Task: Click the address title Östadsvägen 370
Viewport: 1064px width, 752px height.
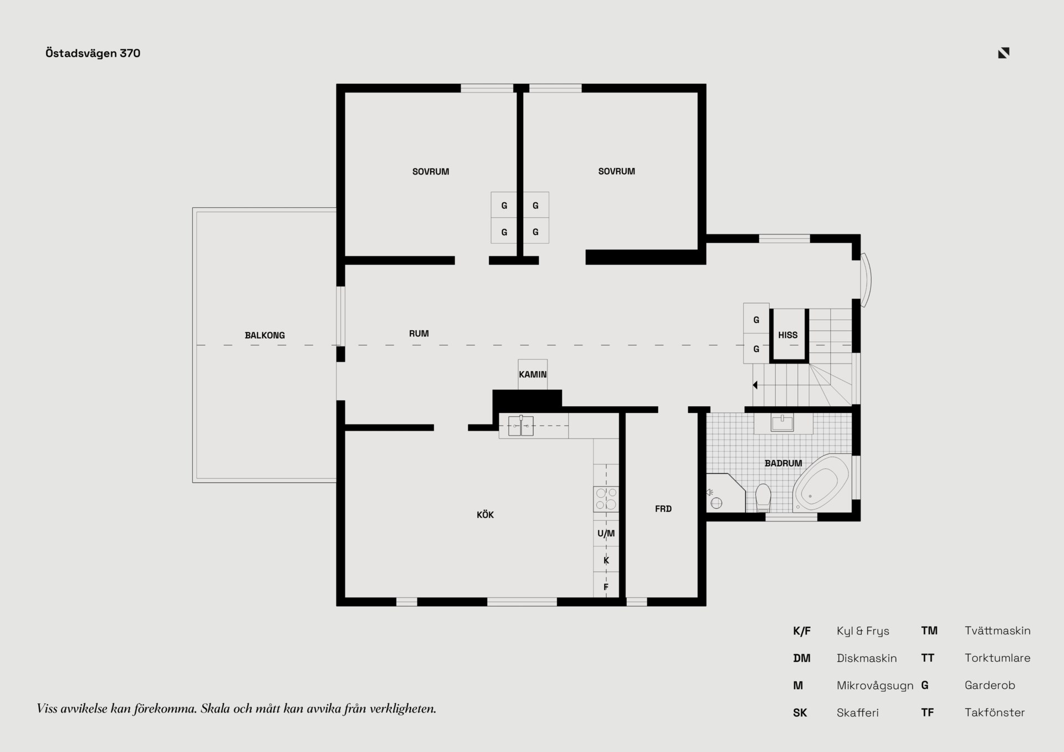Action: (x=93, y=53)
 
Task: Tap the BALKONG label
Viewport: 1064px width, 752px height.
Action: (x=265, y=335)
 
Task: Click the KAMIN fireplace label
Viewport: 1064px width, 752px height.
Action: (x=533, y=375)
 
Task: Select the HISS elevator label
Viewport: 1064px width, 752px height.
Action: (x=787, y=335)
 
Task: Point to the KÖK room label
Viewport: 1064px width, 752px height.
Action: (x=485, y=515)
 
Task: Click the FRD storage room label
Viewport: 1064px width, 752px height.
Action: (x=663, y=509)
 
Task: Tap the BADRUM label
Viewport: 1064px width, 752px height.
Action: (x=783, y=463)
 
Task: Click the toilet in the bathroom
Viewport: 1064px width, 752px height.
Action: (x=763, y=498)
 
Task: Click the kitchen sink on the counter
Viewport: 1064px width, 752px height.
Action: (x=521, y=426)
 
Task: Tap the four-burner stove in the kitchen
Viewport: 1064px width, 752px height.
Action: (x=606, y=499)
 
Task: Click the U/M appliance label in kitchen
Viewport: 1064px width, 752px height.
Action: (x=606, y=534)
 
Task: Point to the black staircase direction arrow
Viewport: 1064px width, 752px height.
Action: (x=755, y=385)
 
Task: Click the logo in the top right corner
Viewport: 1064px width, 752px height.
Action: (x=1004, y=53)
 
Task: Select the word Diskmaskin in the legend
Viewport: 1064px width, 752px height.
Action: (x=867, y=658)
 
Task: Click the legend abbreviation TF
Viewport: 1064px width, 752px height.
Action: (x=927, y=713)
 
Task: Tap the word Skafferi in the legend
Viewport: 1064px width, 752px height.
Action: (x=858, y=713)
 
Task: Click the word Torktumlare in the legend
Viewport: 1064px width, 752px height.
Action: (x=997, y=658)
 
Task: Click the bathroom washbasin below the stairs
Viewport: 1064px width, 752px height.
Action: (x=782, y=423)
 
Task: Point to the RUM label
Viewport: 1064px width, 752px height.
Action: (x=419, y=334)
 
